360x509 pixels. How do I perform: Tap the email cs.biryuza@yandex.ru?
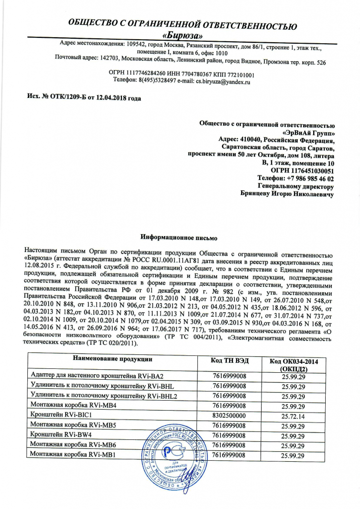[223, 80]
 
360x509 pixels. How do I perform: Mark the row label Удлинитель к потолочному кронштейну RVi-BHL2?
[103, 396]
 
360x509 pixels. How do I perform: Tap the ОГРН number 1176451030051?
[306, 170]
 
